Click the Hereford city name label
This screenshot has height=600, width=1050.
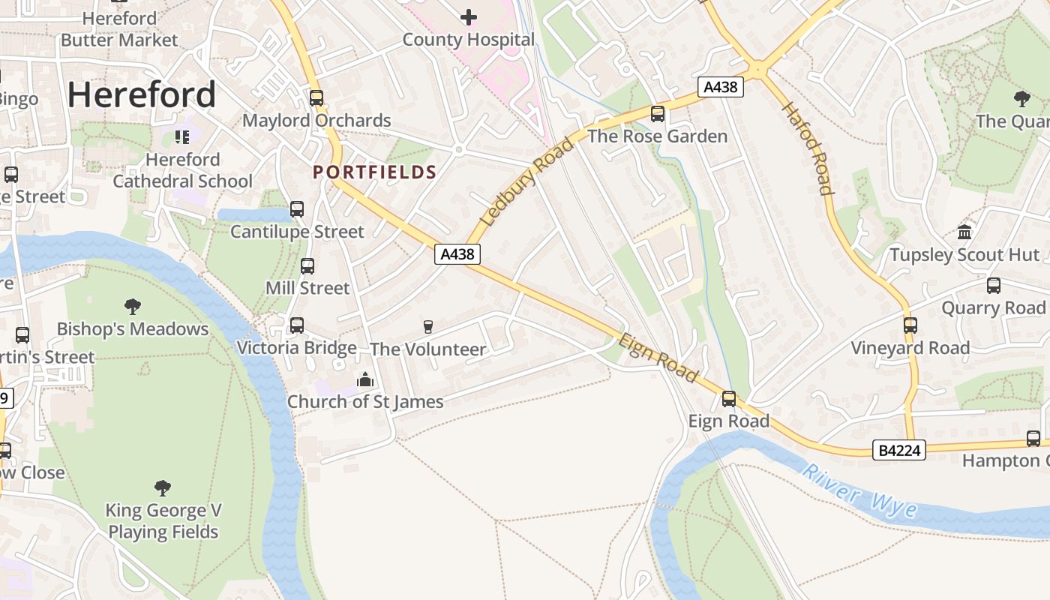pos(142,95)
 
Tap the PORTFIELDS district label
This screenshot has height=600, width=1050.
pos(374,172)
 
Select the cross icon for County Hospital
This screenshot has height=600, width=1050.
pos(469,16)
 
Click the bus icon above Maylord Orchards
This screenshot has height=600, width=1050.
pos(316,97)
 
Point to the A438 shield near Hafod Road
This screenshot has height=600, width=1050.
pos(720,87)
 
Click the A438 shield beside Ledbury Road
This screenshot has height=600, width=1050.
pos(457,254)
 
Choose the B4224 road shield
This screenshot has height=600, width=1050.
pos(899,451)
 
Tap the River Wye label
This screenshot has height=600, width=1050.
pos(859,492)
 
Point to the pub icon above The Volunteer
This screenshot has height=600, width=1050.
pos(428,326)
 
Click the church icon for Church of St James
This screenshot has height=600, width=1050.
pos(365,379)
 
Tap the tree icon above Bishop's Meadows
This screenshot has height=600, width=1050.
pos(133,306)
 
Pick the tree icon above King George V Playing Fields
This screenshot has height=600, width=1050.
pos(163,488)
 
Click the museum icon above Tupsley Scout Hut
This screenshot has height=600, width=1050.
pos(964,232)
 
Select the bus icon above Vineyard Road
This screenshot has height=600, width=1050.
pos(910,325)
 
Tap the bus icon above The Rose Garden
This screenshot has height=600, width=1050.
pos(658,114)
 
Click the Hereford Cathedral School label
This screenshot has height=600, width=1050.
pos(182,170)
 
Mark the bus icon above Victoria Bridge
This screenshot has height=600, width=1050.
pos(297,325)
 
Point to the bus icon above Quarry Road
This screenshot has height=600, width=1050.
pos(994,285)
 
